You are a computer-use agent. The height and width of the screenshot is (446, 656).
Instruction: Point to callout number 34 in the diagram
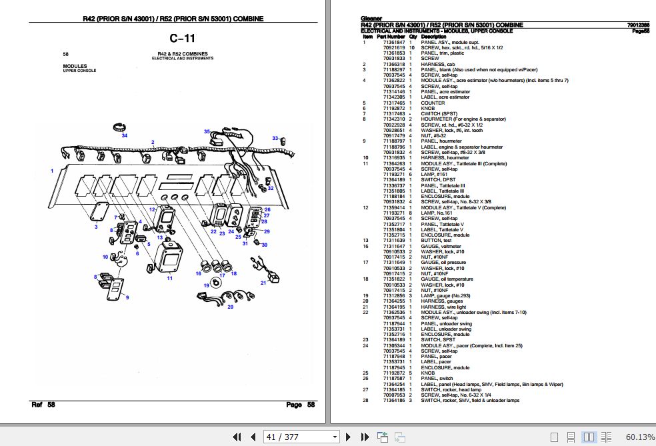pos(124,135)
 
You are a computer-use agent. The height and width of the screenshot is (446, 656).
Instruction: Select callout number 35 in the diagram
pos(207,131)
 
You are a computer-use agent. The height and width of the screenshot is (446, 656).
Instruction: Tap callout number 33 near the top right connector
pos(274,138)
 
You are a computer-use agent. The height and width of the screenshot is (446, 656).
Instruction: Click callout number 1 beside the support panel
pos(52,171)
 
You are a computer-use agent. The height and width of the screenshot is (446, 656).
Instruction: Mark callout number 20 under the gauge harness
pos(231,307)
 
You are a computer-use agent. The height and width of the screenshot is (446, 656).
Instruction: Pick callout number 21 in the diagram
pos(263,283)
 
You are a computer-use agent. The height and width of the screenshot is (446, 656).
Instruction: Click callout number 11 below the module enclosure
pos(169,278)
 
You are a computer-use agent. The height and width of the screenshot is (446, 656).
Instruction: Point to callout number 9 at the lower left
pos(127,297)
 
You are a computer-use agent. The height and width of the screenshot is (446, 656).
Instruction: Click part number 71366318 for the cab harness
pos(393,64)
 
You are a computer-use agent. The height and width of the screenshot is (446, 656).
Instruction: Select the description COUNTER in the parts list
pos(433,103)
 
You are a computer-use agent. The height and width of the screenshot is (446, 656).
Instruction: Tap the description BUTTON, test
pos(437,240)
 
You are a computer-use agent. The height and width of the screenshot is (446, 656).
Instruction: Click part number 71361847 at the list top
pos(393,42)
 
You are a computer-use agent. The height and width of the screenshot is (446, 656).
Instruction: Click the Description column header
pos(433,36)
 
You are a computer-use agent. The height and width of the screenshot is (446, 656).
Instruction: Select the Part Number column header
pos(391,36)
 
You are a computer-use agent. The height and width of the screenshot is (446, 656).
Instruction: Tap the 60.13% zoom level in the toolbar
pos(639,437)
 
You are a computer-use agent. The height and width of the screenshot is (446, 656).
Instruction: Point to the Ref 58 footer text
pos(43,405)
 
